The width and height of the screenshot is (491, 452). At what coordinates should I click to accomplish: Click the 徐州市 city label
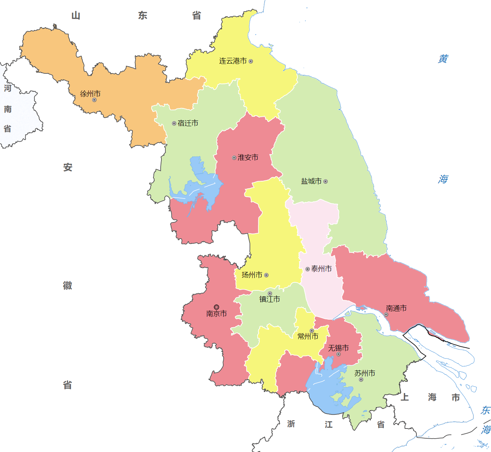pyautogui.click(x=90, y=94)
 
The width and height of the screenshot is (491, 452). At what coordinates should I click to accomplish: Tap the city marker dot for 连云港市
pyautogui.click(x=251, y=61)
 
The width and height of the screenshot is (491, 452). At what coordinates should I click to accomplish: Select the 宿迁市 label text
pyautogui.click(x=188, y=123)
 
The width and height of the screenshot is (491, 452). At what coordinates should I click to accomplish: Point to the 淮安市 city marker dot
pyautogui.click(x=234, y=158)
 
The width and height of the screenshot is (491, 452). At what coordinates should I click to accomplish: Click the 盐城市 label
pyautogui.click(x=311, y=181)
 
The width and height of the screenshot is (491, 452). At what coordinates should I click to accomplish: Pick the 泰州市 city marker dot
pyautogui.click(x=308, y=269)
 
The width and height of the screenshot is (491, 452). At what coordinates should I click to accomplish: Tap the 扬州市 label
pyautogui.click(x=252, y=275)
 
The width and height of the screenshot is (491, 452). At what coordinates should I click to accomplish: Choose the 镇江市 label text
pyautogui.click(x=270, y=299)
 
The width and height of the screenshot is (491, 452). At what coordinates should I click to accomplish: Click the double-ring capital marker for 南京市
pyautogui.click(x=216, y=307)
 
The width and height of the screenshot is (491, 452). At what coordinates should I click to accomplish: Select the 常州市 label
pyautogui.click(x=308, y=336)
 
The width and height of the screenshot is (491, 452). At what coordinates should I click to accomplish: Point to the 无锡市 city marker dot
pyautogui.click(x=338, y=354)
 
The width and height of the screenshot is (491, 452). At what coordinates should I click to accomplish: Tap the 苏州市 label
pyautogui.click(x=365, y=373)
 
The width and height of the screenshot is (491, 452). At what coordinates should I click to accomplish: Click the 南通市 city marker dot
pyautogui.click(x=386, y=315)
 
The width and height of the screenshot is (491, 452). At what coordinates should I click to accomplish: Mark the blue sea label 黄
pyautogui.click(x=443, y=59)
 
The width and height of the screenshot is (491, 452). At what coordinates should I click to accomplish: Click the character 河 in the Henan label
pyautogui.click(x=8, y=88)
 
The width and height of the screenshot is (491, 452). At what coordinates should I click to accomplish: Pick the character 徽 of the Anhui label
pyautogui.click(x=68, y=285)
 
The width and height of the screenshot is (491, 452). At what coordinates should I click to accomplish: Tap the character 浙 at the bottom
pyautogui.click(x=291, y=424)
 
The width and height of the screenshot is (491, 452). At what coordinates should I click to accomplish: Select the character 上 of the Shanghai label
pyautogui.click(x=405, y=397)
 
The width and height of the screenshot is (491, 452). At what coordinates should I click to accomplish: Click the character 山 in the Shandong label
pyautogui.click(x=76, y=16)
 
